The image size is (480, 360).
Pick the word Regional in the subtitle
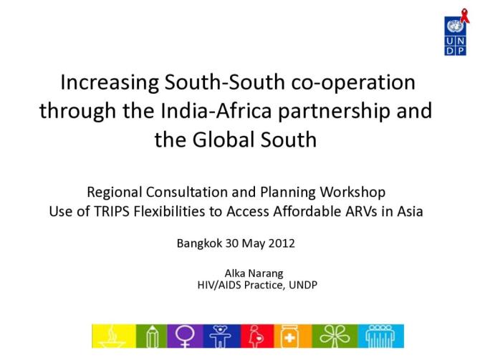[x=114, y=193]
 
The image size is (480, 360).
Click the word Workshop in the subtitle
[x=350, y=193]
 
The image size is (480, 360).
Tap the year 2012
[x=280, y=243]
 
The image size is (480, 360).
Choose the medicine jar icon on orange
[x=294, y=335]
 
